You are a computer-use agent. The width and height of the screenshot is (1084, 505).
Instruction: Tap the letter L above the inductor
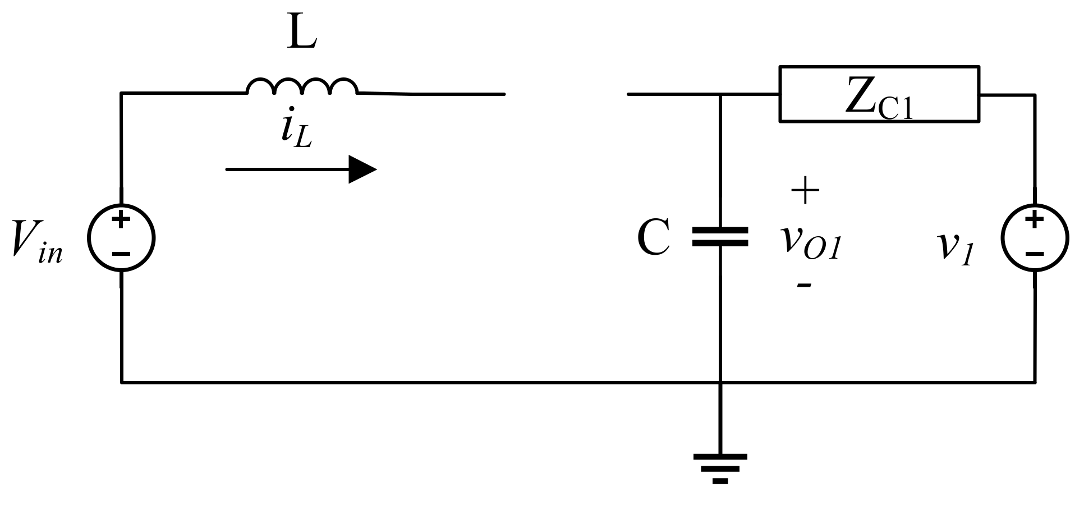[302, 34]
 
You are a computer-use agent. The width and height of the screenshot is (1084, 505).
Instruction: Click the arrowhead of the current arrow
[362, 169]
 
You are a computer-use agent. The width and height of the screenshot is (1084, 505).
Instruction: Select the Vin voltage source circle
[121, 238]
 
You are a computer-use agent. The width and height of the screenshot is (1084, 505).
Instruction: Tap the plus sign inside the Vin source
[121, 219]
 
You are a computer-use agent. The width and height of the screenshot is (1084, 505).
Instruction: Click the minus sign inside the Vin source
[121, 254]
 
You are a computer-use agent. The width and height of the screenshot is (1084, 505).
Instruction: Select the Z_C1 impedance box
[879, 94]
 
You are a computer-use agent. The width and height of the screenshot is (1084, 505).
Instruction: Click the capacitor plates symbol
[720, 237]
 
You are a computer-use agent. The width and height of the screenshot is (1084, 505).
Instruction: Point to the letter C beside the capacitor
[654, 238]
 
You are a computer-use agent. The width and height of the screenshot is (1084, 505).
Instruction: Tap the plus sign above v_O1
[805, 191]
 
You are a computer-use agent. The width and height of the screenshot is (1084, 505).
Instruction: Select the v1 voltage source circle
[1035, 238]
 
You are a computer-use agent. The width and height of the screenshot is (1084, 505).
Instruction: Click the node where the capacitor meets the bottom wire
[720, 383]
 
